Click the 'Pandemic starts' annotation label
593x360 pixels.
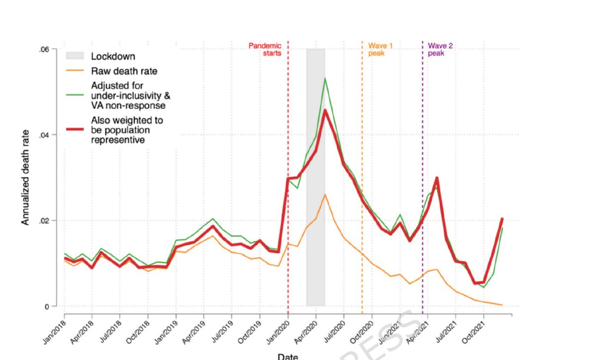tap(265, 49)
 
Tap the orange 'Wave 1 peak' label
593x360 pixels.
tap(380, 49)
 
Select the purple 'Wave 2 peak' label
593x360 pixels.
tap(440, 49)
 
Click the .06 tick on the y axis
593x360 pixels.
tap(44, 49)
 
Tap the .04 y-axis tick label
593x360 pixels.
tap(44, 135)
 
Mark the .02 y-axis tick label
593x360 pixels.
tap(44, 221)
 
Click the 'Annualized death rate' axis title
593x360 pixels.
tap(25, 177)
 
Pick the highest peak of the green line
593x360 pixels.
tap(325, 78)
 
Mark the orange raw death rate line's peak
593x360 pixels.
tap(325, 194)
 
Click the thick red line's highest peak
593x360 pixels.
tap(325, 110)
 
